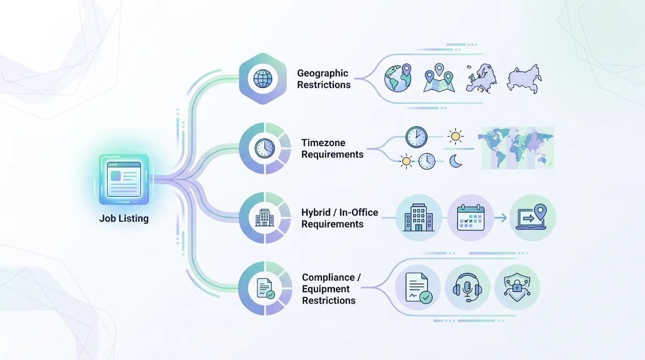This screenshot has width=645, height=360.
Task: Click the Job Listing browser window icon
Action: [124, 179]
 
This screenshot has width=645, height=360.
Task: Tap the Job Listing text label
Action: [124, 219]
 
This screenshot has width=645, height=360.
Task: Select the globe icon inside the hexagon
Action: [263, 79]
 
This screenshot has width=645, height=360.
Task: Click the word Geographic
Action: [322, 73]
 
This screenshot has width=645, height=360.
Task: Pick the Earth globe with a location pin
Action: [398, 79]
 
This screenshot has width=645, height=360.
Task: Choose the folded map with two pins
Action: [439, 79]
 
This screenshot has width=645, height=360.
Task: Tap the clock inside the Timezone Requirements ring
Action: [264, 148]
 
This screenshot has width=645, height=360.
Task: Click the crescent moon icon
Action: [456, 161]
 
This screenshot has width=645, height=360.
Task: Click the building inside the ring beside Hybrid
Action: [263, 218]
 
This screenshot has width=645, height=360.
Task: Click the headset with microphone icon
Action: [467, 288]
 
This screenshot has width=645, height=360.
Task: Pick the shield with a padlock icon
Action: [516, 287]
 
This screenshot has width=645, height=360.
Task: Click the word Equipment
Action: [326, 289]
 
